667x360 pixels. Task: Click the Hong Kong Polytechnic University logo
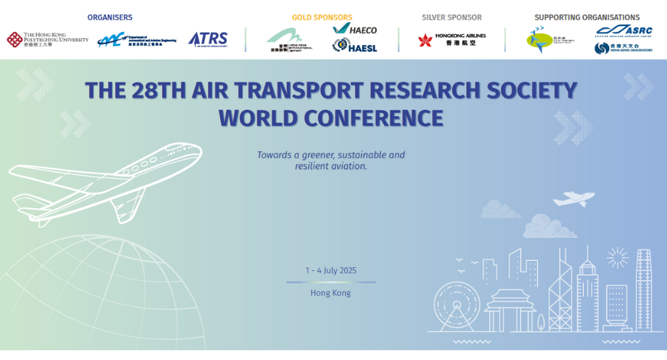click(47, 39)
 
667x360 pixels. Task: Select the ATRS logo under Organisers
click(208, 39)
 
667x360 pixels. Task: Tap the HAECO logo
click(355, 29)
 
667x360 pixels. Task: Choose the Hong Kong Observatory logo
click(624, 48)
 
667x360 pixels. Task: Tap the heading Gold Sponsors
click(322, 17)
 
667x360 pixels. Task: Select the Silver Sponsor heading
click(452, 17)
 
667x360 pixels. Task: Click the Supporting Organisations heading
click(587, 17)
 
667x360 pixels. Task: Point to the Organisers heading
click(110, 17)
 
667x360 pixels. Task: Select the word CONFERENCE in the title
click(374, 118)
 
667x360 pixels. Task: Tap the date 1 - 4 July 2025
click(331, 271)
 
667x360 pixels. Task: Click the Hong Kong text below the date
click(331, 293)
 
